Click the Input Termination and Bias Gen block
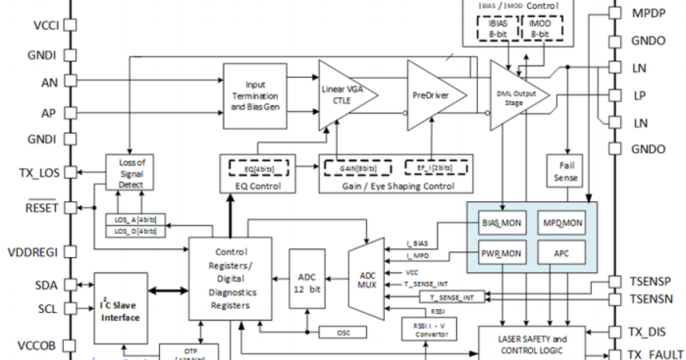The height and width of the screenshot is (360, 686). [254, 95]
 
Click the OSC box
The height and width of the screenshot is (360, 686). [343, 332]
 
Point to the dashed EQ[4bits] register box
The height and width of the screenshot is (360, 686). [259, 169]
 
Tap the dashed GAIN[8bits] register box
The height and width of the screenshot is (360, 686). [358, 169]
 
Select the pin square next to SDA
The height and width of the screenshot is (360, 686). [70, 285]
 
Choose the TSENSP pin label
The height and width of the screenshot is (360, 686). [651, 282]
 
